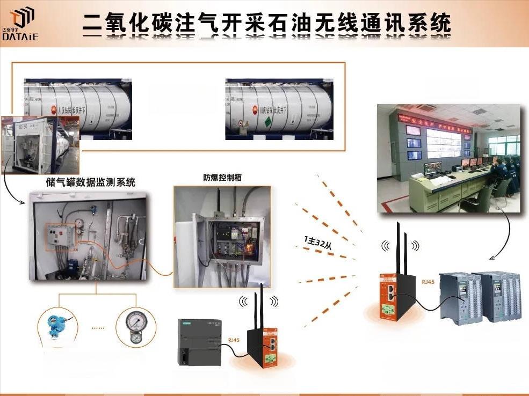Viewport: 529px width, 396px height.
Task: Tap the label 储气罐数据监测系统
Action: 91,182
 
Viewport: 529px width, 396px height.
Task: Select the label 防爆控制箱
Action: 222,178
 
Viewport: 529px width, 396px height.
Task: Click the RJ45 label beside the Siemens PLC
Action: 234,340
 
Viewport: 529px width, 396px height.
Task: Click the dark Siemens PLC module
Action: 199,342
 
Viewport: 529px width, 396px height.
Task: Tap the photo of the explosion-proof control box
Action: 222,236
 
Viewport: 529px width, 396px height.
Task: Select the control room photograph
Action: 448,158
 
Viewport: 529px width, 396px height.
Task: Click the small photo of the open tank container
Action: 40,144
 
